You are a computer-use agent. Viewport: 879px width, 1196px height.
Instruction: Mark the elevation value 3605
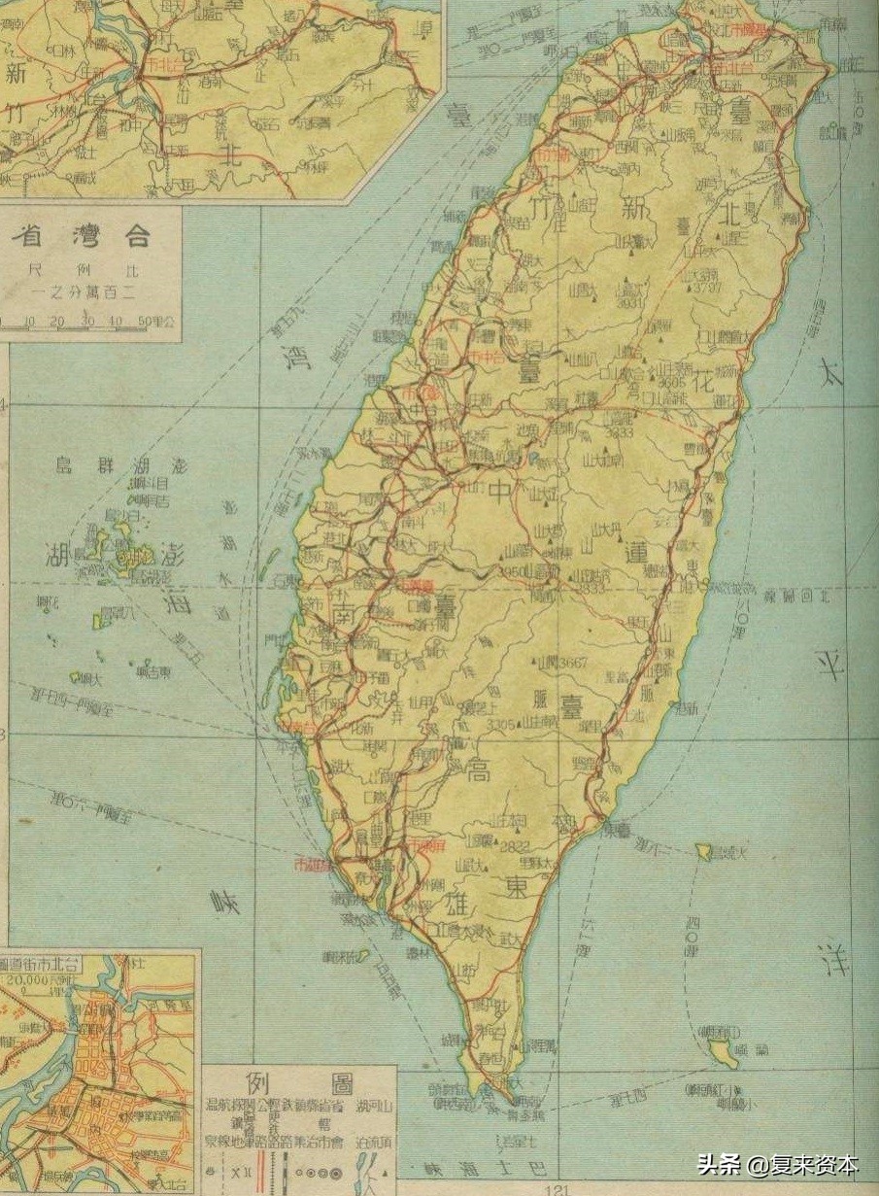[670, 382]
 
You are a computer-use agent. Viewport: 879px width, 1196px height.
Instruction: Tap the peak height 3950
[512, 571]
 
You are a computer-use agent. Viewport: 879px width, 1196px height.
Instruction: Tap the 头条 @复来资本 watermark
[777, 1164]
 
